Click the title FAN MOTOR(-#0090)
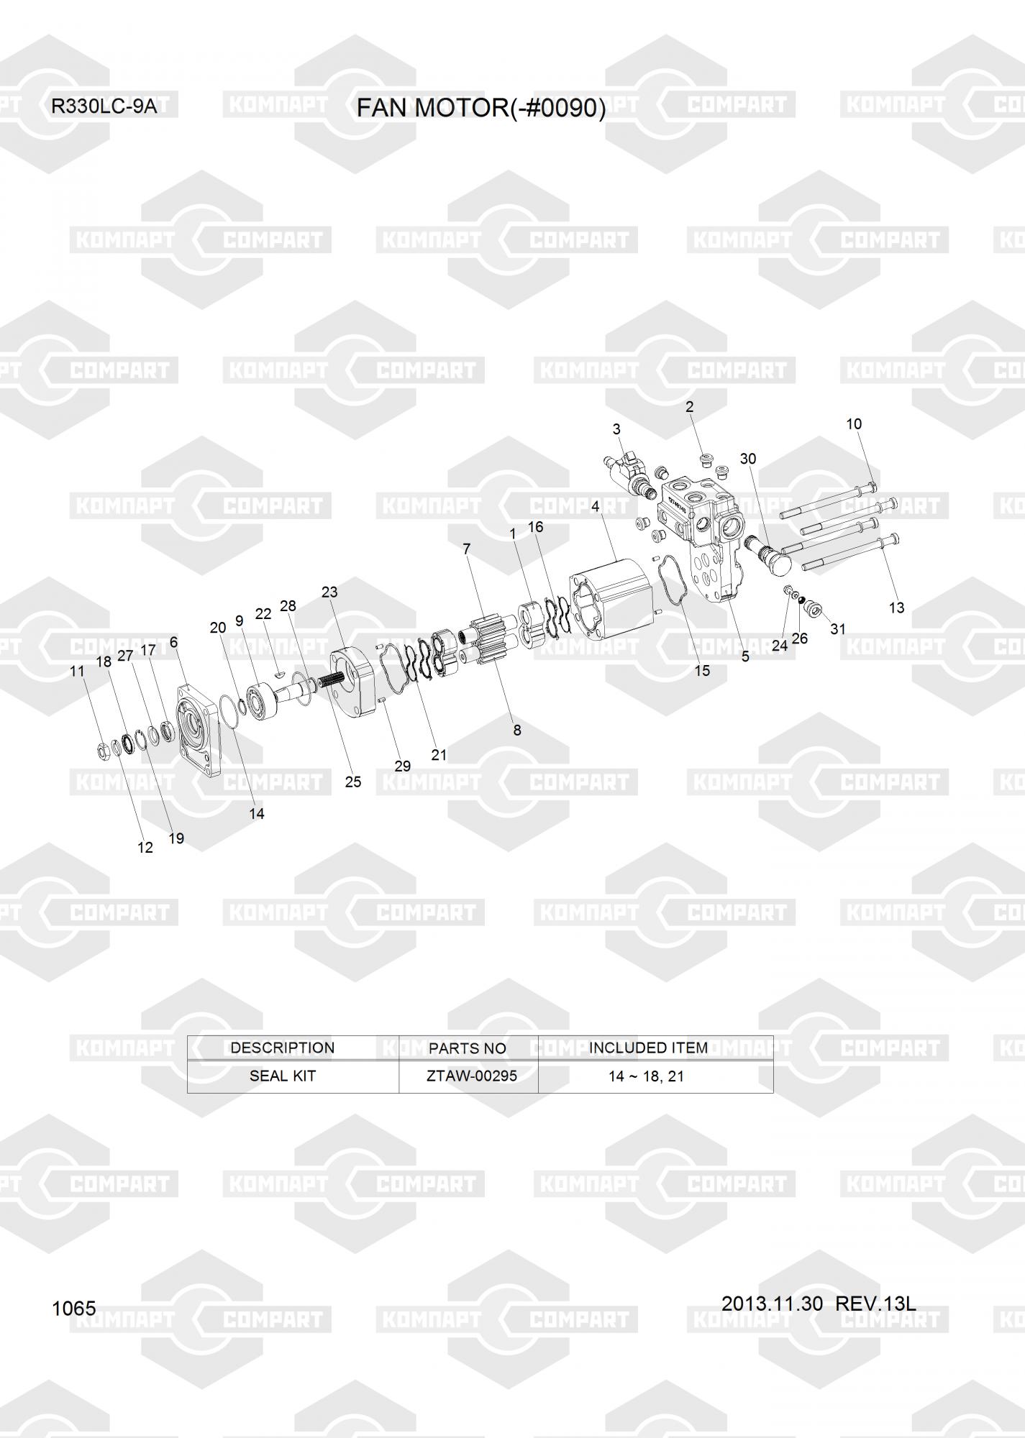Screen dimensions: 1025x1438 [x=481, y=108]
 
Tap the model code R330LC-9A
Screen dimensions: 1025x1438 [x=104, y=107]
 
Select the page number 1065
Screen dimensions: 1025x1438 [x=73, y=1308]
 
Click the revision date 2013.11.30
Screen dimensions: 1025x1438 [x=772, y=1303]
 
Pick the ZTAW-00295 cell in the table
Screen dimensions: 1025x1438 [x=472, y=1076]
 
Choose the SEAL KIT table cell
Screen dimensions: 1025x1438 [x=283, y=1076]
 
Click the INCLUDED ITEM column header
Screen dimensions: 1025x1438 [x=648, y=1048]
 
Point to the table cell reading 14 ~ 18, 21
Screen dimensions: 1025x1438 [x=646, y=1076]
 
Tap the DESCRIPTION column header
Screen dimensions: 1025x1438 [x=283, y=1048]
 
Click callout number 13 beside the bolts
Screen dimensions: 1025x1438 [x=896, y=608]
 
